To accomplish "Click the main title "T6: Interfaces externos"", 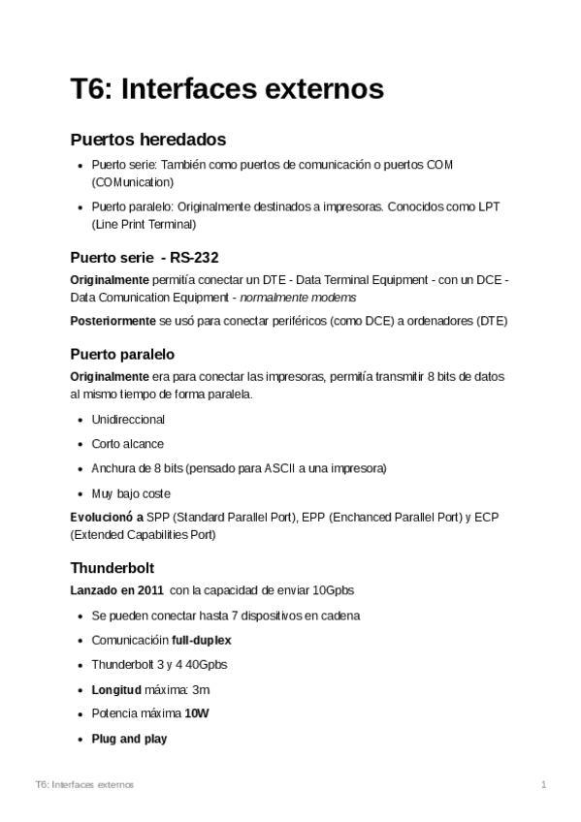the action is tap(227, 89).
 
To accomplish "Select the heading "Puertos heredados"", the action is tap(147, 139).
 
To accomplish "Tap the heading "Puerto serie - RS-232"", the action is tap(145, 258).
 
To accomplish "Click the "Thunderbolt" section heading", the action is tap(113, 567).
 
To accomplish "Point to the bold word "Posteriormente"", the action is tap(113, 321).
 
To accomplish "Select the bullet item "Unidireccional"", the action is tap(128, 420).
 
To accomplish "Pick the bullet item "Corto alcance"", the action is tap(127, 444).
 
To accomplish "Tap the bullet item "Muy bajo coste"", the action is tap(130, 493).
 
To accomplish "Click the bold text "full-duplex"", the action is tap(202, 640).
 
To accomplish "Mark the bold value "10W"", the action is tap(197, 713).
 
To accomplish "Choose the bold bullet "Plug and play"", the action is tap(129, 739).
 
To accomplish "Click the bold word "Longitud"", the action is tap(115, 689).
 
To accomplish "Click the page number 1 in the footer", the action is tap(544, 783).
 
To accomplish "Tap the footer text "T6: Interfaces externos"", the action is tap(83, 783).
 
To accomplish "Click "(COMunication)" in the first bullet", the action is tap(133, 181).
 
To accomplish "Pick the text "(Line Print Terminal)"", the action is tap(144, 224).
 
